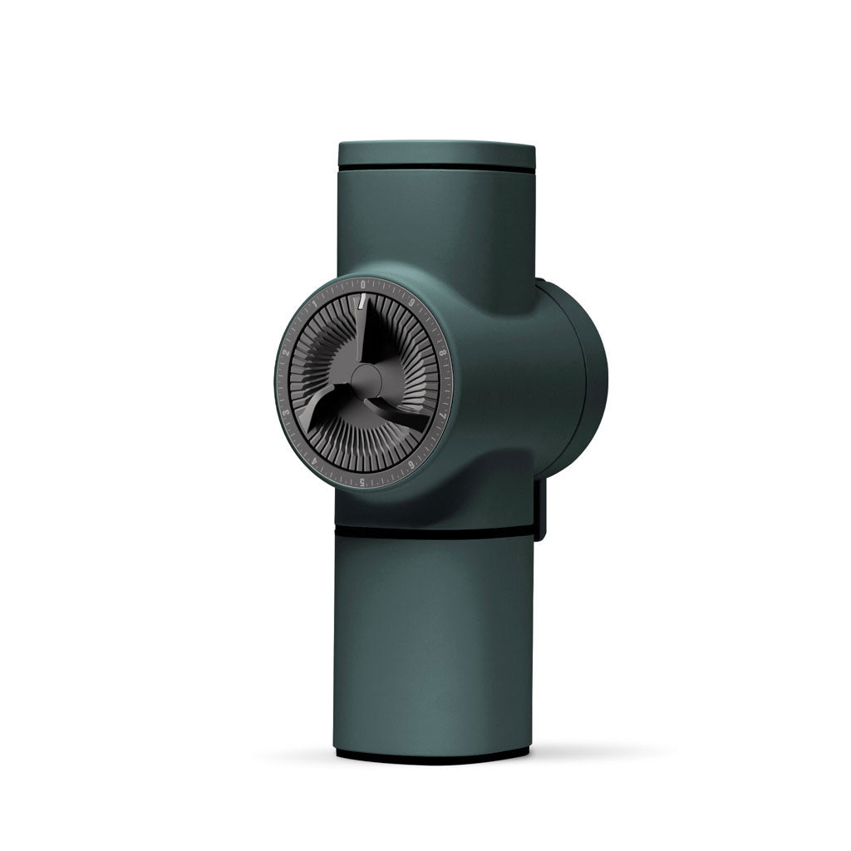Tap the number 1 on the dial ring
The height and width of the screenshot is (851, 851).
click(x=314, y=303)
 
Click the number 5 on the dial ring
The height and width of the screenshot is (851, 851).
click(x=362, y=481)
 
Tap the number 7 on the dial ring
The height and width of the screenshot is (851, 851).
click(x=443, y=415)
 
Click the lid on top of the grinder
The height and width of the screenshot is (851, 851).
click(x=436, y=155)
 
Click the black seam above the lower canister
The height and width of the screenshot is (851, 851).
click(x=432, y=532)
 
